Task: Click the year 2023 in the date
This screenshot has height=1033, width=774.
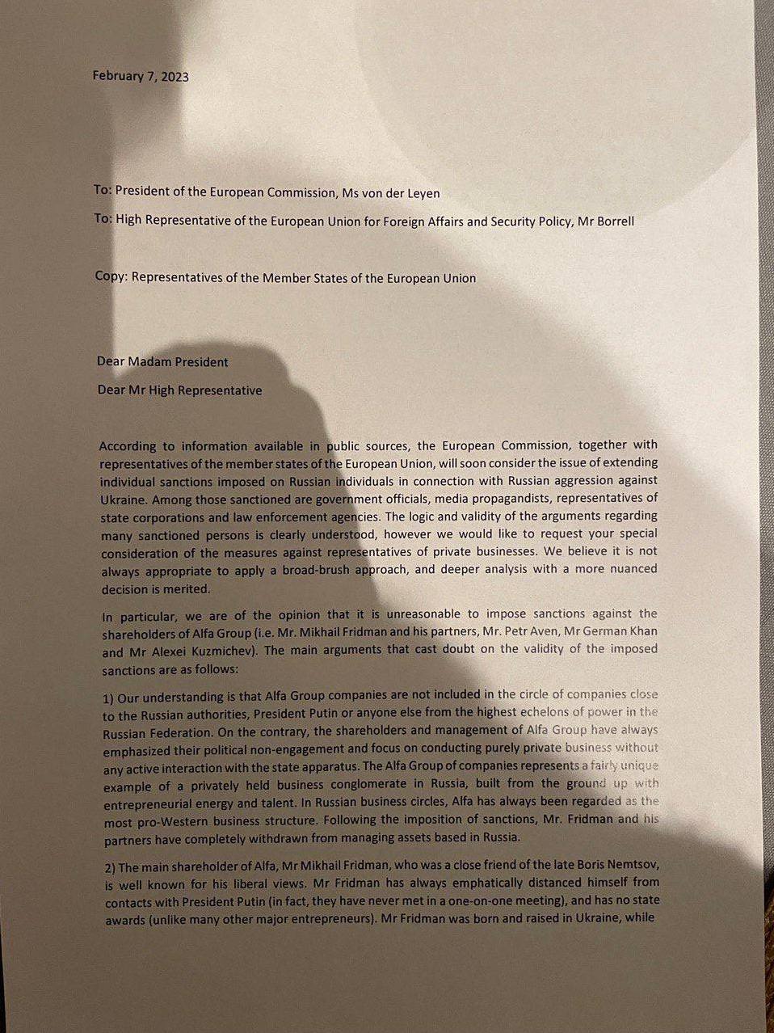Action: (x=175, y=77)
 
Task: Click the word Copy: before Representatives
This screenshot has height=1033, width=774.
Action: (x=111, y=276)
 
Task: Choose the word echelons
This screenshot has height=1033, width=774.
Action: (x=524, y=712)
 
